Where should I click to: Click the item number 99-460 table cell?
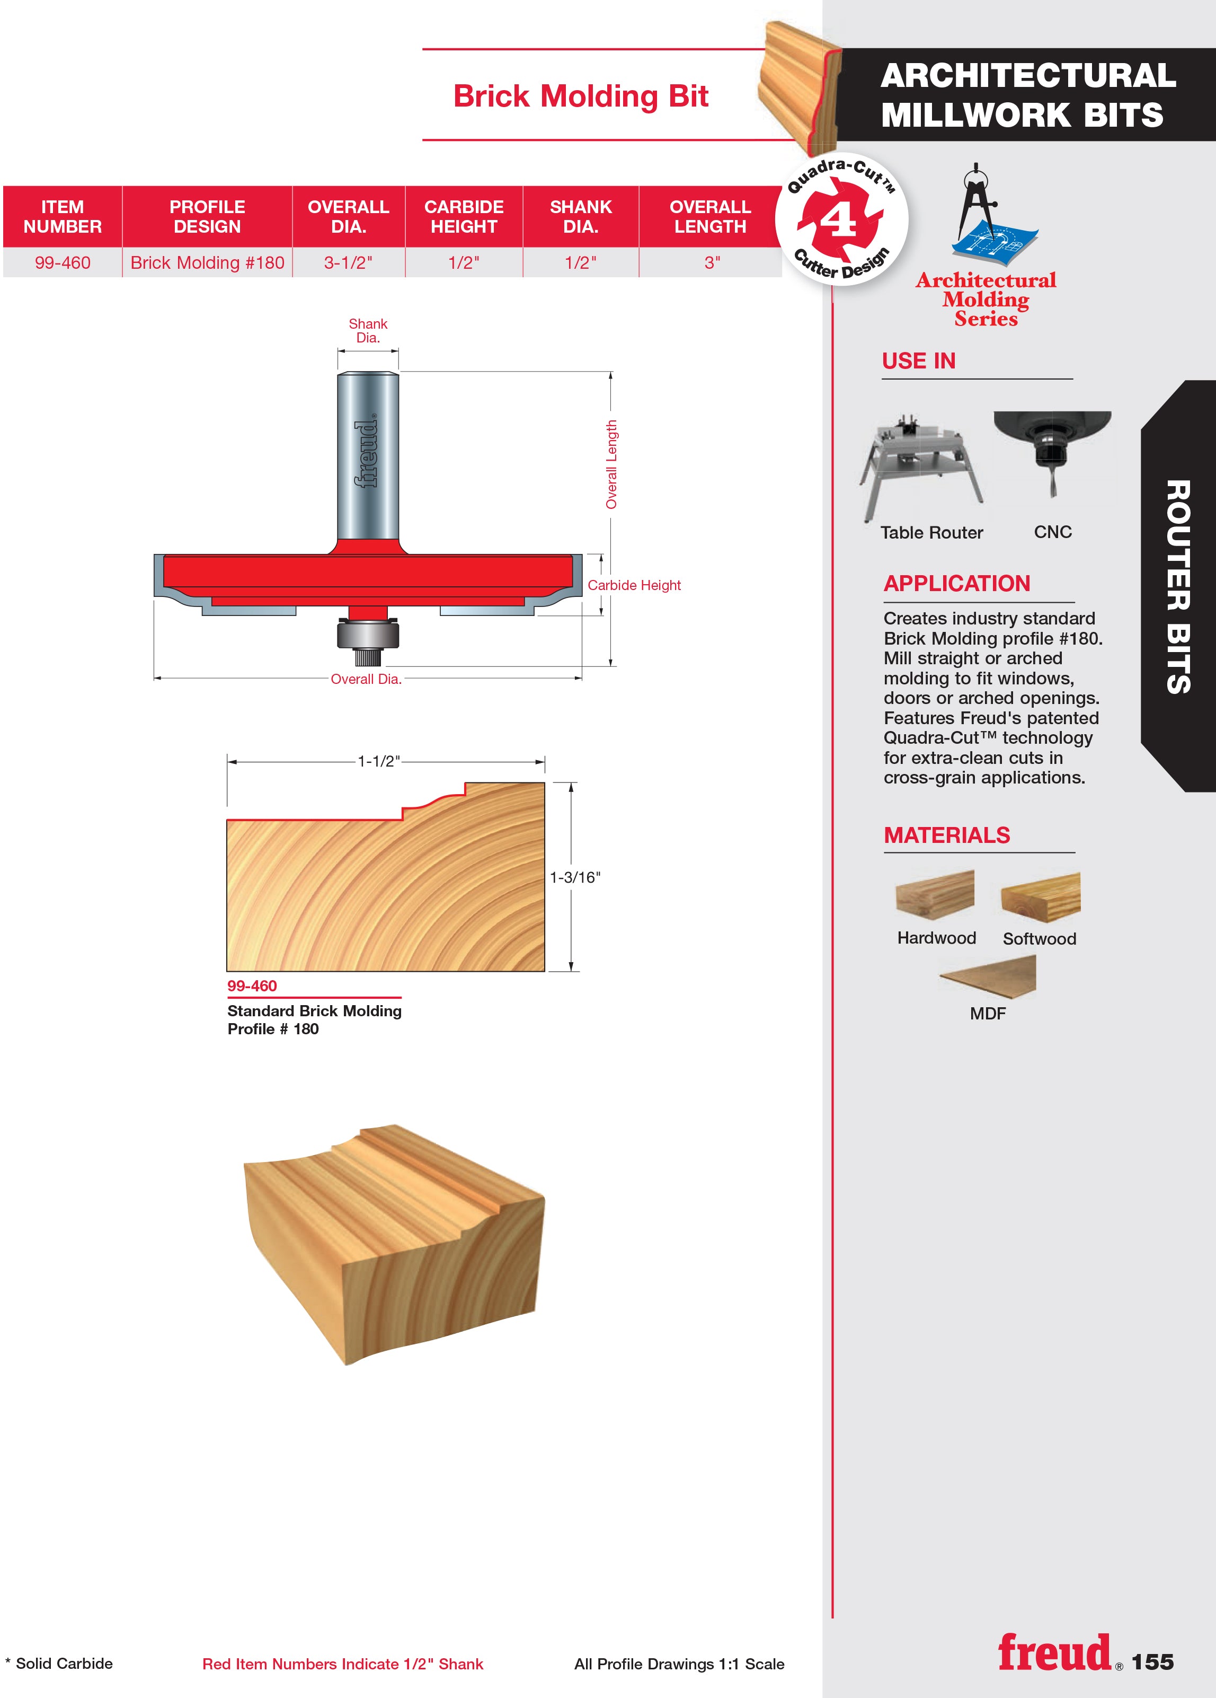63,263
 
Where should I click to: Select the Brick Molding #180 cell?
207,263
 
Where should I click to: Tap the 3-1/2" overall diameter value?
349,263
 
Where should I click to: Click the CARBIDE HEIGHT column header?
464,216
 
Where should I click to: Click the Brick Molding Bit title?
581,96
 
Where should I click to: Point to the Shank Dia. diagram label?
368,330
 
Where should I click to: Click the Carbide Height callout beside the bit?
634,585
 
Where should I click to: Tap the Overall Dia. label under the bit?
366,679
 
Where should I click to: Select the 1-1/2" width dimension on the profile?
379,761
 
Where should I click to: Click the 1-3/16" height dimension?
575,877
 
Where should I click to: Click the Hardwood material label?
937,938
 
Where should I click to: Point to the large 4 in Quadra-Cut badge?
840,220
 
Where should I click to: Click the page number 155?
1152,1662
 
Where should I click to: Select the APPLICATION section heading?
957,583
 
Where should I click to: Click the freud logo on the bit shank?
367,454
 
